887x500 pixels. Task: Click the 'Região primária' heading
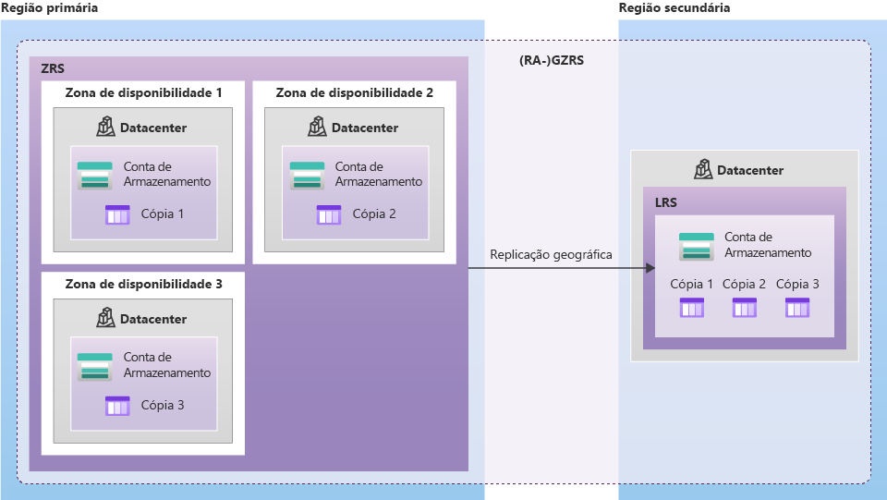click(x=49, y=7)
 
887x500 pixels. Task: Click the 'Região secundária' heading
click(x=675, y=7)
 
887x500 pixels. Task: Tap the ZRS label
click(x=53, y=68)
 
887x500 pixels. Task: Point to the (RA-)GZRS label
click(x=552, y=61)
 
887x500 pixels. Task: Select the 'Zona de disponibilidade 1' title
click(x=143, y=92)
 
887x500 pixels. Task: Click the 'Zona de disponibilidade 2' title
click(x=354, y=92)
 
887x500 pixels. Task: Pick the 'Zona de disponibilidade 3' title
click(x=143, y=284)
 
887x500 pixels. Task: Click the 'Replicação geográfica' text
click(x=551, y=254)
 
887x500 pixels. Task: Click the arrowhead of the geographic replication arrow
click(x=650, y=268)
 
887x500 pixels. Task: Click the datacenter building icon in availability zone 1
click(x=105, y=127)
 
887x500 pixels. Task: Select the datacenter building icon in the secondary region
click(x=703, y=170)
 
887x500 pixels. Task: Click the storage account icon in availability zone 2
click(x=307, y=176)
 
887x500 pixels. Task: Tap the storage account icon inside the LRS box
click(x=697, y=247)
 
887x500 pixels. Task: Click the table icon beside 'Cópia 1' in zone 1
click(x=117, y=214)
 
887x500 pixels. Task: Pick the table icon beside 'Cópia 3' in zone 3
click(x=117, y=406)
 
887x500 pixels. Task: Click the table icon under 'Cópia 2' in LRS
click(x=744, y=308)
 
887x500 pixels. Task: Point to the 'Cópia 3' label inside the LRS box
click(x=797, y=285)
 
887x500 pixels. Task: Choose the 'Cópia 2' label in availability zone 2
click(x=373, y=214)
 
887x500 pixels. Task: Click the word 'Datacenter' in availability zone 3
click(x=153, y=319)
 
